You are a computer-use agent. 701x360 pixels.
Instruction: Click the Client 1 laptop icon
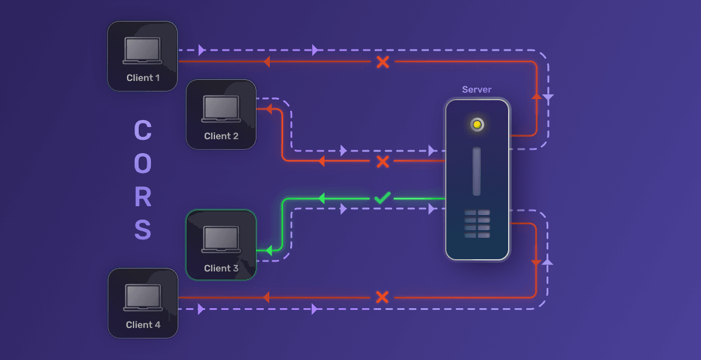pos(142,51)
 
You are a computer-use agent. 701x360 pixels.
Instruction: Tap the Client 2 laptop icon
pos(221,109)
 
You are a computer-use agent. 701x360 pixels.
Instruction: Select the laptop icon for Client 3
pos(221,239)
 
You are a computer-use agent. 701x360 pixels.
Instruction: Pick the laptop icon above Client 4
pos(143,297)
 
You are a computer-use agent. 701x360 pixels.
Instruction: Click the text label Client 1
pos(143,77)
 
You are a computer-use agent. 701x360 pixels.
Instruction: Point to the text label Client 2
pos(221,136)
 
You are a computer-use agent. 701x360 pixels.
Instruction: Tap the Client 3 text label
pos(221,269)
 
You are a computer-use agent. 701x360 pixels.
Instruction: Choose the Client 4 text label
pos(143,324)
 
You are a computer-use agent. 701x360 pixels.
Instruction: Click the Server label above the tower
pos(477,90)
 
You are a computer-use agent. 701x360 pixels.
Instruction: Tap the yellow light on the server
pos(477,125)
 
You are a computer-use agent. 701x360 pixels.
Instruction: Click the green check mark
pos(382,198)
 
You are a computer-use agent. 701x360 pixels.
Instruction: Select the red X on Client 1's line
pos(383,62)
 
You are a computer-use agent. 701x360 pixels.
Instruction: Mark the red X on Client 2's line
pos(383,161)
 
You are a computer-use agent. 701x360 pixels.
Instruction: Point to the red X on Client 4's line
pos(382,297)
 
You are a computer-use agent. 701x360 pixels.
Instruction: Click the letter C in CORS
pos(143,130)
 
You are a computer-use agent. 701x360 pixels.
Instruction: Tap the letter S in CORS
pos(143,230)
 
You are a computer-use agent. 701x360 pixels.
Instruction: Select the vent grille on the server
pos(477,224)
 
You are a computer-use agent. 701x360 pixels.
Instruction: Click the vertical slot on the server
pos(477,171)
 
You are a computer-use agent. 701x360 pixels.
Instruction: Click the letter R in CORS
pos(143,197)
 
